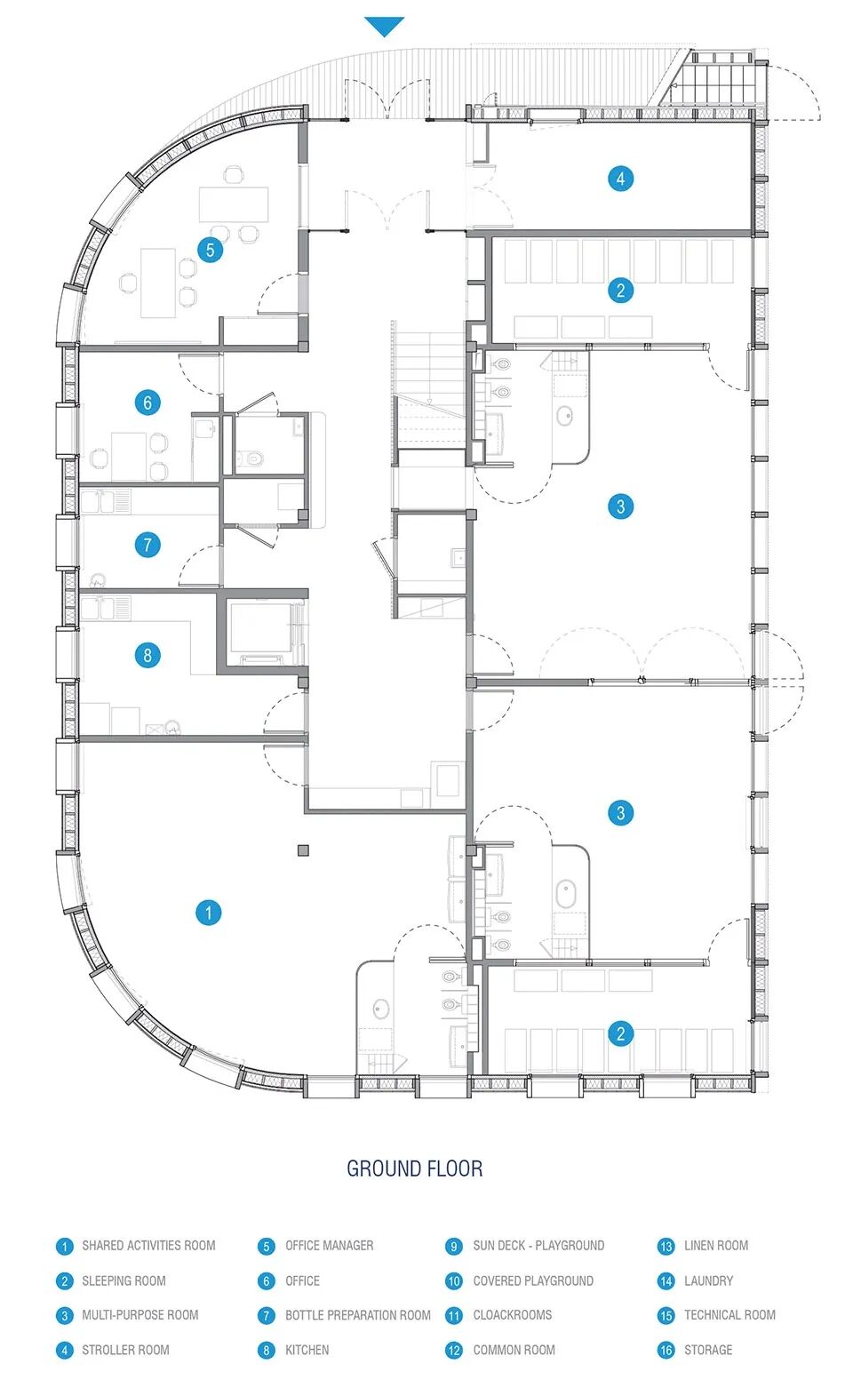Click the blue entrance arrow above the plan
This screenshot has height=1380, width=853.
[x=385, y=26]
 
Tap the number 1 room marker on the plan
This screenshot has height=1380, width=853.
[x=208, y=913]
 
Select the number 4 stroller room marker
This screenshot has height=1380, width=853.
[x=620, y=179]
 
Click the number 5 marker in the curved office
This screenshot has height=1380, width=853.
[x=210, y=250]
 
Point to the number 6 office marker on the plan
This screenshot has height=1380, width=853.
[x=147, y=403]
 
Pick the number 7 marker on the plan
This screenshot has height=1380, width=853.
[x=147, y=545]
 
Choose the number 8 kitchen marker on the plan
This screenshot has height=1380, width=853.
[x=147, y=655]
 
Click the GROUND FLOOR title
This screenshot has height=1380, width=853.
[x=414, y=1169]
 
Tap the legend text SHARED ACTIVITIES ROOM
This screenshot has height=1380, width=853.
[x=148, y=1246]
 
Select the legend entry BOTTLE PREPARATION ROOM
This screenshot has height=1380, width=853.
[x=358, y=1315]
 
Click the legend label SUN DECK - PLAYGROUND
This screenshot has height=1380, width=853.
[x=538, y=1246]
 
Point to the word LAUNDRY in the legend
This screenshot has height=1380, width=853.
[x=708, y=1280]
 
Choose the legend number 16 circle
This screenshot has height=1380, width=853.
[x=666, y=1351]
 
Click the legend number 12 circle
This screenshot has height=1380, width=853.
[x=454, y=1351]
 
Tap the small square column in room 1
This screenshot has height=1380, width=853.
[x=303, y=850]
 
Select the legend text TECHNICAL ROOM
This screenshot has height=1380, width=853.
[x=729, y=1315]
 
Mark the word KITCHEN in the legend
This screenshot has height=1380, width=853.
[x=307, y=1351]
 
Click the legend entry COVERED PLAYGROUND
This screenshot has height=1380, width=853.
[x=533, y=1280]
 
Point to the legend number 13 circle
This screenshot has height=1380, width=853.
[x=666, y=1247]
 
